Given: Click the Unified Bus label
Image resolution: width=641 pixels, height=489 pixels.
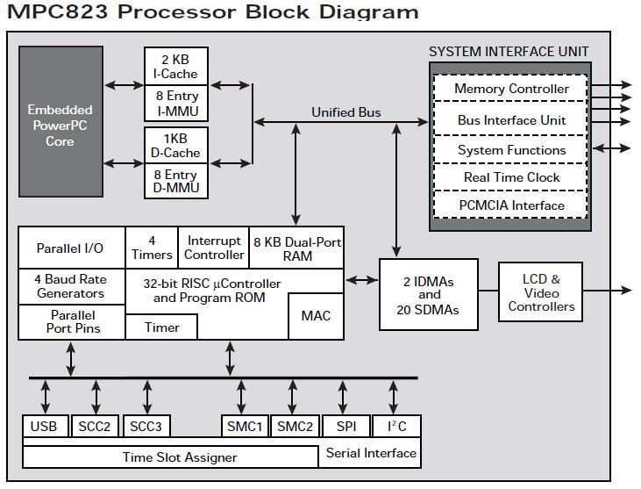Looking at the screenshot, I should point(345,112).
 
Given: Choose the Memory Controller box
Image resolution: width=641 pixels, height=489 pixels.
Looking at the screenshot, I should point(511,89).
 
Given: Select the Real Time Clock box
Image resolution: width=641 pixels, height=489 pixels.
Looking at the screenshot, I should point(511,177).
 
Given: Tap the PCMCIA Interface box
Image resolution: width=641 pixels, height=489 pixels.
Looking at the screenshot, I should point(511,205).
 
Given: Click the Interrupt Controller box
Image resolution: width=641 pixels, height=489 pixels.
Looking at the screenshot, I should point(214,248).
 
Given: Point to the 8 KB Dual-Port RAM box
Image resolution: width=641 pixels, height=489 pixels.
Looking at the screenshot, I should point(297,248).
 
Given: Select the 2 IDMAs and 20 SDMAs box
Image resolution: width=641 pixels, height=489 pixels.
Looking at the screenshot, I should point(429,295).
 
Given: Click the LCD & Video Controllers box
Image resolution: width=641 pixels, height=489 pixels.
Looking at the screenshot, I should point(541,293).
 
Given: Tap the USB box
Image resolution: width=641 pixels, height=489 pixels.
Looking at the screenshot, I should point(43,427).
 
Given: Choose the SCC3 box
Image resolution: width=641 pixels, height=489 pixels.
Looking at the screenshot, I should point(146,427).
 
